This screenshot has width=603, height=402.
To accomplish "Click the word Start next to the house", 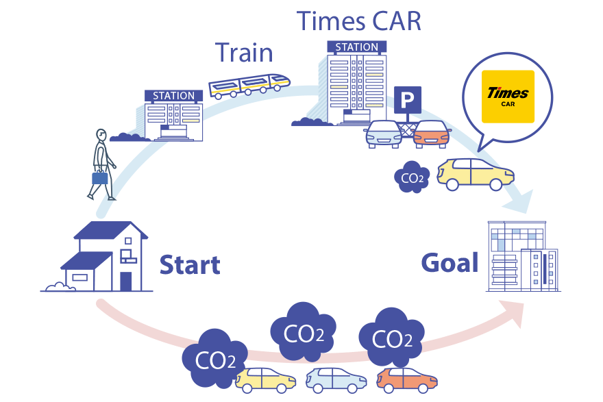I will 190,264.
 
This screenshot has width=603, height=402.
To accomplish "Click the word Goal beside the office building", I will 449,262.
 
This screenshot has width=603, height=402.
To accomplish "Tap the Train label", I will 244,53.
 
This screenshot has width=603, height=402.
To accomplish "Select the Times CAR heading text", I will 358,21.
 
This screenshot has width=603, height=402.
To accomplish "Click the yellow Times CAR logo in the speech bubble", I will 508,97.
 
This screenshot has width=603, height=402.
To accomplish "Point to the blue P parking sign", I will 407,102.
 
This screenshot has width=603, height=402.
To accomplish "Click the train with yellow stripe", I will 249,86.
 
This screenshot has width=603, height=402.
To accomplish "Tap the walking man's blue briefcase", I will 100,178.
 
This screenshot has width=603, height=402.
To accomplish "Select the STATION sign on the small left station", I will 174,96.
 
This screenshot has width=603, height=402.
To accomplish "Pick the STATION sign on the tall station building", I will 356,47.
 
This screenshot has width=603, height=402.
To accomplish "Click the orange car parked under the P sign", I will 432,134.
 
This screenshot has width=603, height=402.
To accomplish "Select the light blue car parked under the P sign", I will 384,134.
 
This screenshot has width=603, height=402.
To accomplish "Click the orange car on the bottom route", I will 407,379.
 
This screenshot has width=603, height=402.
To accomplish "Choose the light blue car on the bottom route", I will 336,379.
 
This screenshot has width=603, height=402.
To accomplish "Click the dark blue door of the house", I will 125,281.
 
